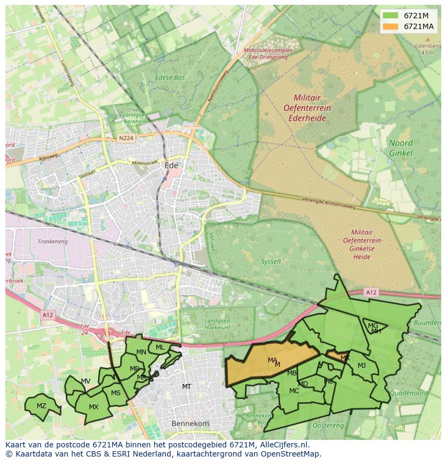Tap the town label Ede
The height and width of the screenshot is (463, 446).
coord(171,166)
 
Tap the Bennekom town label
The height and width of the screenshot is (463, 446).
coord(190,424)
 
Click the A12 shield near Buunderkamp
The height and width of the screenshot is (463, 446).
coord(371,293)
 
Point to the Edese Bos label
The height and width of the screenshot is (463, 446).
coord(170,77)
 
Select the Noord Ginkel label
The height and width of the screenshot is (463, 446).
coord(401,148)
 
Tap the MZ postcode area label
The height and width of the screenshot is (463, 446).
coord(41,405)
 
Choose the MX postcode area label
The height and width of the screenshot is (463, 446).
coord(94,407)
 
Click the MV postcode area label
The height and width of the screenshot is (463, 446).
coord(85,381)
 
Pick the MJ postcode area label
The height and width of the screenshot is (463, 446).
coord(361,366)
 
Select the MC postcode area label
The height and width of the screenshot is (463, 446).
coord(294,391)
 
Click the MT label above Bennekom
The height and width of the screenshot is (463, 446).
coord(186,387)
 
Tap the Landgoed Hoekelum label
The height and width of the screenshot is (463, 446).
coord(217,324)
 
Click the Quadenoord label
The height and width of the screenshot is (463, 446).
coord(408,393)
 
